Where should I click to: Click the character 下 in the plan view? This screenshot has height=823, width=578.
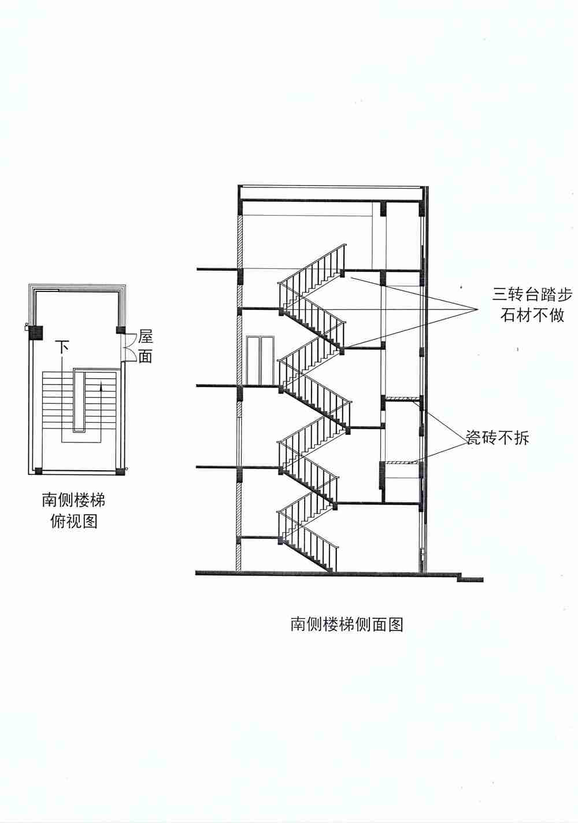(62, 348)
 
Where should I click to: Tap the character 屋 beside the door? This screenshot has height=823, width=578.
(145, 337)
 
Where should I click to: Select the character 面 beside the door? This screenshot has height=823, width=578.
(145, 356)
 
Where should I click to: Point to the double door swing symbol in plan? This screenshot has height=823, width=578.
(128, 346)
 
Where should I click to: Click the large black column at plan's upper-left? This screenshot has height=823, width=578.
(36, 333)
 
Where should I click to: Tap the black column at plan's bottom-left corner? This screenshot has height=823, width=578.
(38, 470)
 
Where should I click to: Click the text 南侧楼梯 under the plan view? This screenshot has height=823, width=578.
(73, 499)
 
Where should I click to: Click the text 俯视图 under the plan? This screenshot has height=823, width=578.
(73, 521)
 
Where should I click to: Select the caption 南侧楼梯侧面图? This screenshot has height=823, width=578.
(346, 624)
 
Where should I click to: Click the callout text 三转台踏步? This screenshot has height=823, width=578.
(532, 295)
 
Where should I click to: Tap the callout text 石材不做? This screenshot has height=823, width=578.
(532, 316)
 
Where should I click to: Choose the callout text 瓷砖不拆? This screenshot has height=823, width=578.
(498, 438)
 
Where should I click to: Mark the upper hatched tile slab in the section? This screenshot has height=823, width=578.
(402, 398)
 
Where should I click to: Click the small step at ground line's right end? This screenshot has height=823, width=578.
(469, 577)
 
